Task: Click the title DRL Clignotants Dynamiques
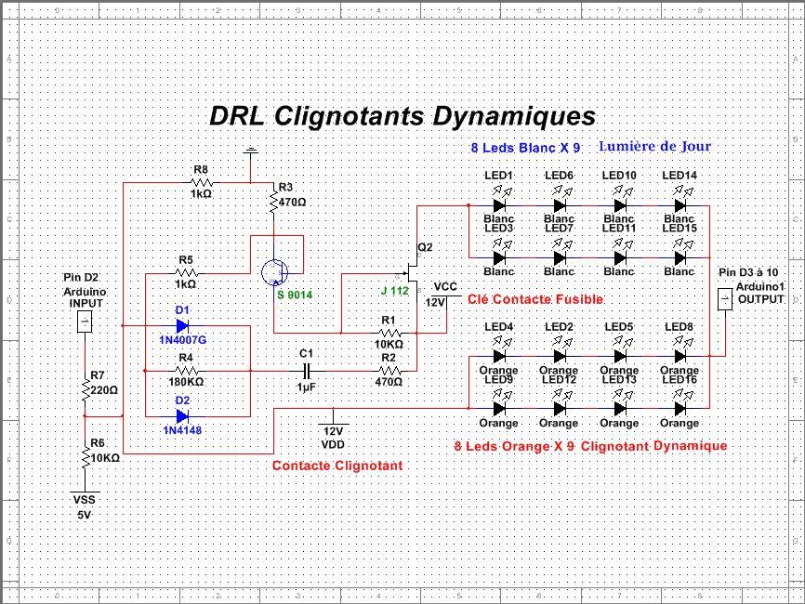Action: tap(402, 117)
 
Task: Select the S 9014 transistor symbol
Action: tap(275, 270)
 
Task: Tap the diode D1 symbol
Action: tap(181, 326)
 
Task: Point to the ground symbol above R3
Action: tap(250, 151)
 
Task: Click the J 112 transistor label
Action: tap(394, 291)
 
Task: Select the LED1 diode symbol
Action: tap(499, 205)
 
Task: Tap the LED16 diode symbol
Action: tap(680, 408)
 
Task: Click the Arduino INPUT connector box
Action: tap(83, 322)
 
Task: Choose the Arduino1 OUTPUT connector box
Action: tap(726, 299)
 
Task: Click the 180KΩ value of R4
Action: tap(185, 382)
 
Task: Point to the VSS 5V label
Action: tap(84, 506)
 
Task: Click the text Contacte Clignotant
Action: tap(337, 465)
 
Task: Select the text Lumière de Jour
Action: tap(654, 147)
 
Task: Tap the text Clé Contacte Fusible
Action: tap(534, 299)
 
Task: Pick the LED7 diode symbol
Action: tap(559, 257)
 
